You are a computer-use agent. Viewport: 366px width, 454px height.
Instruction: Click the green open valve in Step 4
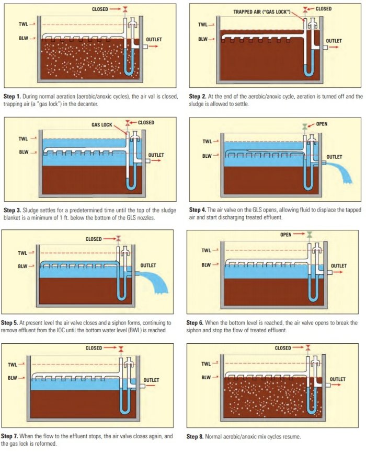pos(305,126)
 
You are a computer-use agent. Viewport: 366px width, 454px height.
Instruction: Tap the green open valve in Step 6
pos(310,234)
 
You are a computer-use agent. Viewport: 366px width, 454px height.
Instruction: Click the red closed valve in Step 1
pos(125,9)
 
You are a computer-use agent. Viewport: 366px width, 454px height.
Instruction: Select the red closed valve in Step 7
pos(121,348)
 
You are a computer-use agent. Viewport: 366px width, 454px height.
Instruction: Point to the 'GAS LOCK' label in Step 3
pos(102,125)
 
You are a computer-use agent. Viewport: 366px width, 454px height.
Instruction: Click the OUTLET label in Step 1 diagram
pos(154,39)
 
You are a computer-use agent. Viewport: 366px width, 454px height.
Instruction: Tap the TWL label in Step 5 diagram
pos(22,253)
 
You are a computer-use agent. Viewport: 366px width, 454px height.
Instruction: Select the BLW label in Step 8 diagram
pos(206,378)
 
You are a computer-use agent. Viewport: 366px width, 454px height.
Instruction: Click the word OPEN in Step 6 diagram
pos(285,235)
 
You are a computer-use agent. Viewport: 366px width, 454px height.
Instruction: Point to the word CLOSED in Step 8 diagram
pos(283,348)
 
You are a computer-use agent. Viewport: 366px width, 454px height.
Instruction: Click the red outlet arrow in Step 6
pos(338,273)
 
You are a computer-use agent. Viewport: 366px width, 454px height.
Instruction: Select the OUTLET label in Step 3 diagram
pos(156,155)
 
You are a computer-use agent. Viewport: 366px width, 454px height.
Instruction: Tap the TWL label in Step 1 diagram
pos(24,25)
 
